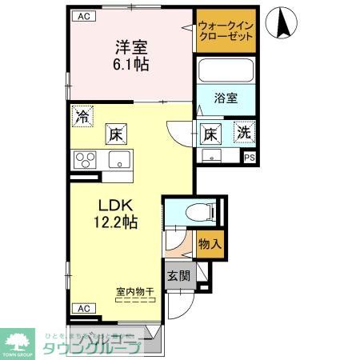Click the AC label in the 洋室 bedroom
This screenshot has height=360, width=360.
pyautogui.click(x=82, y=15)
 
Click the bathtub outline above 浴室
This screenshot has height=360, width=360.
pyautogui.click(x=226, y=70)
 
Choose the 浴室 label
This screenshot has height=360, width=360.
pyautogui.click(x=226, y=98)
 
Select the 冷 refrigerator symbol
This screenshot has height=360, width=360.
pyautogui.click(x=82, y=116)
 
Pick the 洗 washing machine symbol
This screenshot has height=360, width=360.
pyautogui.click(x=242, y=133)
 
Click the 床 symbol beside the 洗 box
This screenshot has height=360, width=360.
pyautogui.click(x=211, y=133)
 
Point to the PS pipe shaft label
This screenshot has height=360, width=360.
pyautogui.click(x=250, y=158)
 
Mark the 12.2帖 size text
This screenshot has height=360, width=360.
pyautogui.click(x=117, y=221)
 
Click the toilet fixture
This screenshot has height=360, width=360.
pyautogui.click(x=197, y=212)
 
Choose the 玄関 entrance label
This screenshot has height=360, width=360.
pyautogui.click(x=179, y=277)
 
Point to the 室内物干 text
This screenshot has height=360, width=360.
pyautogui.click(x=134, y=292)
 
